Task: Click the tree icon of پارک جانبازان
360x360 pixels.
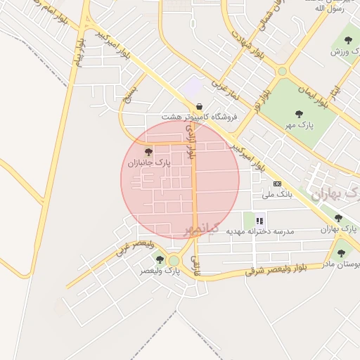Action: (x=148, y=151)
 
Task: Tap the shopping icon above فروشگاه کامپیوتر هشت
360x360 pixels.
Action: (x=200, y=105)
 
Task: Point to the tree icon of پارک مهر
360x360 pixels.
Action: (x=300, y=113)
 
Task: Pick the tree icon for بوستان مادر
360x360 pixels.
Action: (x=341, y=253)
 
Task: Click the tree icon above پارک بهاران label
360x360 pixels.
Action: (x=338, y=219)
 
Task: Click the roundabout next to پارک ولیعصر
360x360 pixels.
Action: (x=174, y=261)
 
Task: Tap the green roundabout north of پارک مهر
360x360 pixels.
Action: (x=282, y=71)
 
